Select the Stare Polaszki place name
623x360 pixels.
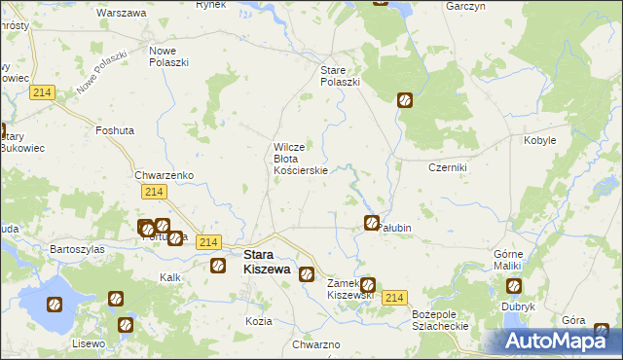[341, 76]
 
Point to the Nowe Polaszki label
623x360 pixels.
[168, 55]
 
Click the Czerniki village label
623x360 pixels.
[449, 167]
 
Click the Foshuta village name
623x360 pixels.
[115, 129]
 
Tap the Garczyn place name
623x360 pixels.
[466, 6]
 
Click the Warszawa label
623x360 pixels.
[122, 14]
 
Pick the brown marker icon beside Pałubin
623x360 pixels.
[371, 223]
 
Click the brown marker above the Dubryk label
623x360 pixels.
[513, 286]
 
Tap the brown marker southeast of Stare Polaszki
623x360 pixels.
[405, 99]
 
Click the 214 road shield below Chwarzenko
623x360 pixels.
[152, 194]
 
